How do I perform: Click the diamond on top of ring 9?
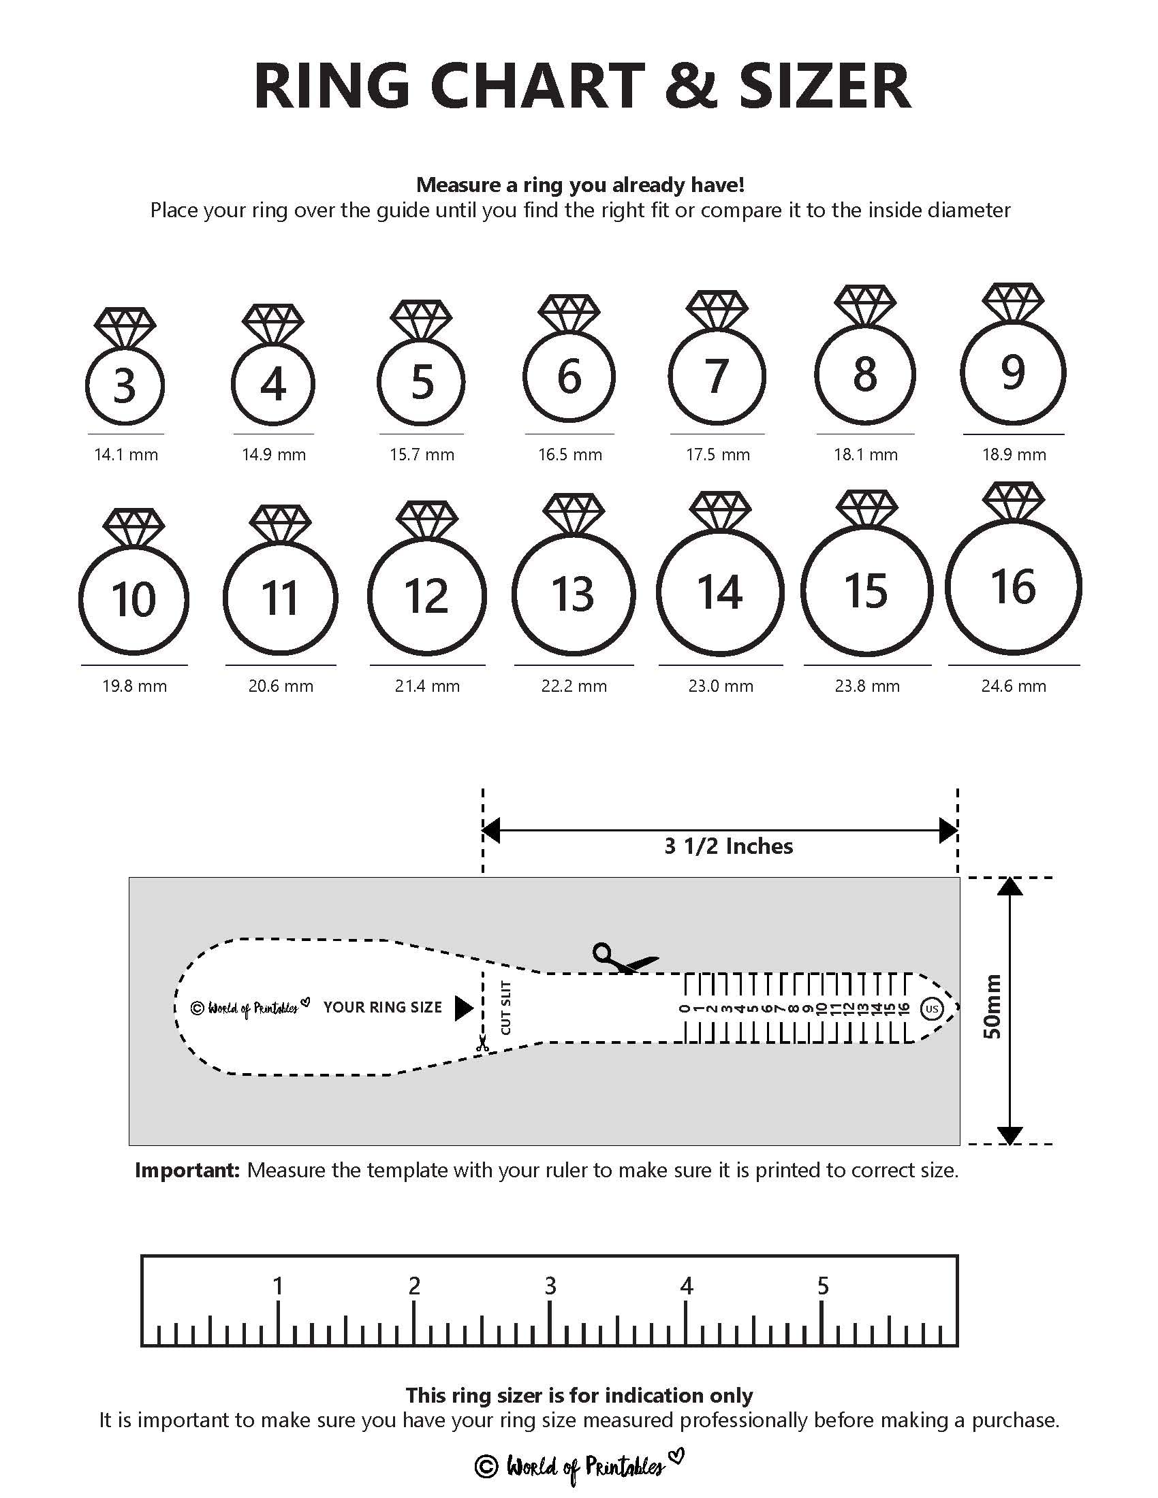pyautogui.click(x=1012, y=302)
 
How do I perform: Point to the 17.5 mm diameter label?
pyautogui.click(x=717, y=454)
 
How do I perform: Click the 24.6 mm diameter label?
pyautogui.click(x=1014, y=686)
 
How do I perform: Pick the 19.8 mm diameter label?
pyautogui.click(x=134, y=686)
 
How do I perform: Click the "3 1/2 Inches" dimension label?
pyautogui.click(x=729, y=846)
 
